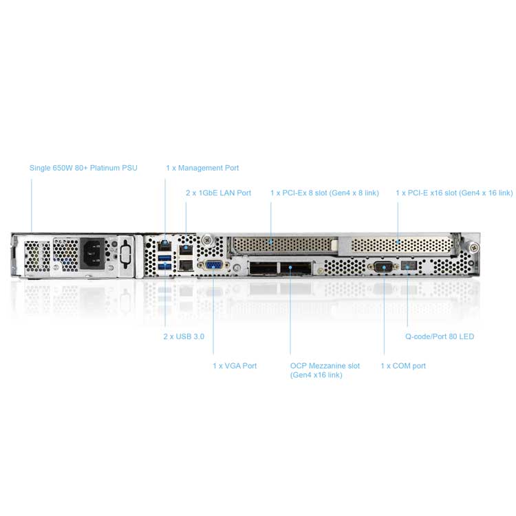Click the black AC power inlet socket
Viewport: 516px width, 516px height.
click(93, 253)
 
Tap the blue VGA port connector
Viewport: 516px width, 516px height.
click(213, 265)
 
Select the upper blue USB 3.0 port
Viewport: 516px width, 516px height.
click(164, 257)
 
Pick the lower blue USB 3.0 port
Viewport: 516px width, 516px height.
click(164, 266)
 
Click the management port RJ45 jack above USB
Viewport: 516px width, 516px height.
click(164, 245)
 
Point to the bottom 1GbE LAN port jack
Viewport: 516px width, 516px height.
click(186, 265)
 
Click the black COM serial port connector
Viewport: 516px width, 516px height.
click(384, 266)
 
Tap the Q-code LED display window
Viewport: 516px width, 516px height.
click(409, 266)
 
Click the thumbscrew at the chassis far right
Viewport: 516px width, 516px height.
click(473, 247)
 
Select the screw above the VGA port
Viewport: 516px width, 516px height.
click(207, 240)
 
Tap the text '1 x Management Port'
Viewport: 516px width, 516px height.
click(202, 168)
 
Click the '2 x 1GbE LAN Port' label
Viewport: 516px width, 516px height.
click(218, 193)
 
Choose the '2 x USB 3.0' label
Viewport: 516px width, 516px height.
click(184, 336)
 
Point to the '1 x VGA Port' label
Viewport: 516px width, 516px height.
click(235, 365)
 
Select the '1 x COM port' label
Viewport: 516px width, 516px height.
click(403, 365)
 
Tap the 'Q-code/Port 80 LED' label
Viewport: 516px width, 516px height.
click(440, 336)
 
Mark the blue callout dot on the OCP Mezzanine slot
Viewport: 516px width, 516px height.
click(290, 267)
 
